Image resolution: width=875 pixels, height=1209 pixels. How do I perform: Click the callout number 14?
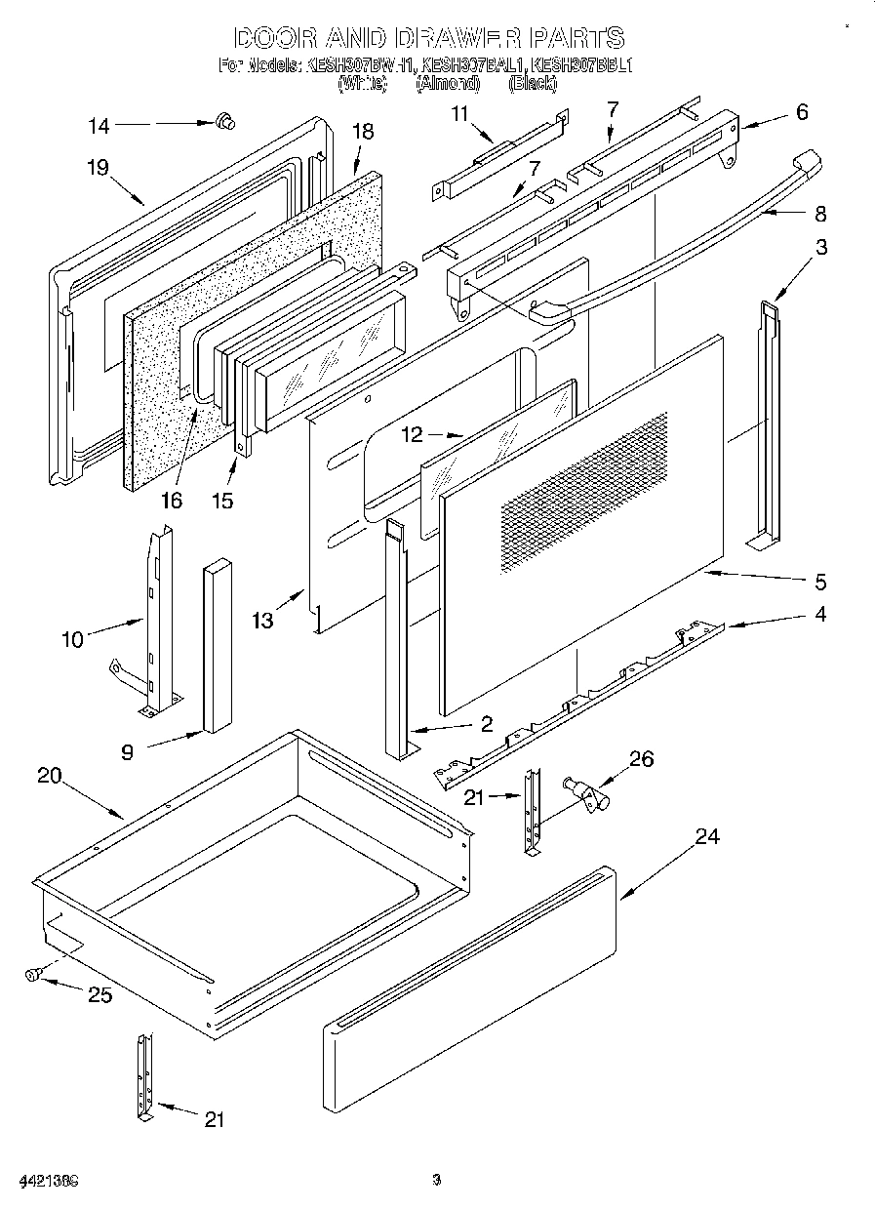pyautogui.click(x=99, y=126)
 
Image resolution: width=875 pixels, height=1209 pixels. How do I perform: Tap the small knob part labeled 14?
pyautogui.click(x=226, y=121)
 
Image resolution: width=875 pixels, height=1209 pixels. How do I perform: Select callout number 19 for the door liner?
pyautogui.click(x=96, y=167)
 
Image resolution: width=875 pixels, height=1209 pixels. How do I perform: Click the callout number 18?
pyautogui.click(x=363, y=132)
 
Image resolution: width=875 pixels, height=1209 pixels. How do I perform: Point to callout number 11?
pyautogui.click(x=460, y=113)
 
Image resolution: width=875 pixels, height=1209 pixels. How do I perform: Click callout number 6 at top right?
pyautogui.click(x=802, y=112)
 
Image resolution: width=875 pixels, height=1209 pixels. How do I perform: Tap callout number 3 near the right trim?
pyautogui.click(x=821, y=247)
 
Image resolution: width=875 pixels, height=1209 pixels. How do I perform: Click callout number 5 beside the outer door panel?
pyautogui.click(x=820, y=583)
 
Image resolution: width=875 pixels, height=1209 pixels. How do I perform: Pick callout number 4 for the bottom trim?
pyautogui.click(x=820, y=615)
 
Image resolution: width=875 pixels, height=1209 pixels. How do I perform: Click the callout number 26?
pyautogui.click(x=643, y=758)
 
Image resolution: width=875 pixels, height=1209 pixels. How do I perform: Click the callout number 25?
pyautogui.click(x=99, y=995)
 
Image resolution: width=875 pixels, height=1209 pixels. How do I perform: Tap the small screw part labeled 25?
pyautogui.click(x=34, y=973)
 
